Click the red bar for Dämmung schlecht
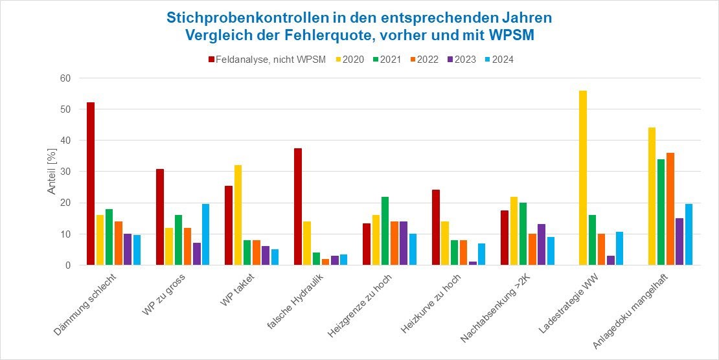(x=91, y=184)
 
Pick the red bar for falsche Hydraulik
(x=298, y=207)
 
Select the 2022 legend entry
(x=424, y=60)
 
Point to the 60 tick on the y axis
(x=65, y=78)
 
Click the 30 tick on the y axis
(x=65, y=172)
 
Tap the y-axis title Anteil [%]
(x=51, y=172)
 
